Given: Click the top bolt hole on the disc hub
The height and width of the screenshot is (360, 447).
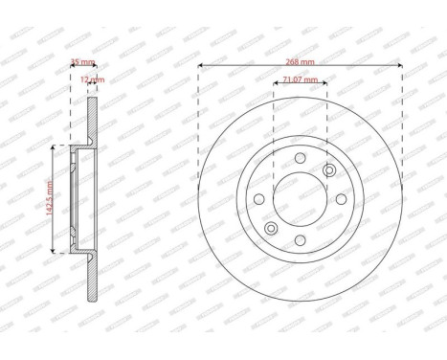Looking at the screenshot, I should click(x=301, y=157).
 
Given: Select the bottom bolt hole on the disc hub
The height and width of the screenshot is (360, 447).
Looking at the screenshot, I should click(x=301, y=240).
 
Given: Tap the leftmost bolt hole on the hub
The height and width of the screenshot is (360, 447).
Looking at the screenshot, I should click(x=259, y=199).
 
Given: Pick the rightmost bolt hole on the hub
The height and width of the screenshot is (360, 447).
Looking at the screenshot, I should click(x=342, y=199).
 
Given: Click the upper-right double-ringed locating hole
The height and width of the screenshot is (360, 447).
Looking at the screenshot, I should click(x=330, y=171).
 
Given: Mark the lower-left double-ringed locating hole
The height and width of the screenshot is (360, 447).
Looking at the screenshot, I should click(x=271, y=228).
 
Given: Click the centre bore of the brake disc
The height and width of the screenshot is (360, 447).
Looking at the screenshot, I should click(x=301, y=199).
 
